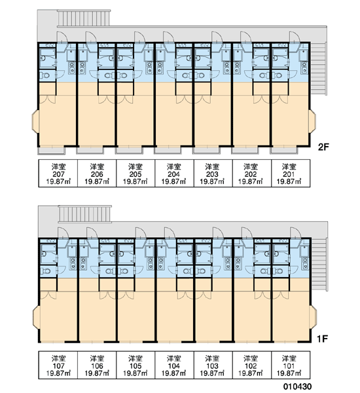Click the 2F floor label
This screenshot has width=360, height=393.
pos(323,147)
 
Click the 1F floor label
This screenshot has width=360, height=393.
pos(323,339)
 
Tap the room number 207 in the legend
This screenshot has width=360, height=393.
pos(58,174)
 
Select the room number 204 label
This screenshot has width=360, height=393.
pos(173,174)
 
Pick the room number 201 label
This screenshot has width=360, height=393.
pos(289,174)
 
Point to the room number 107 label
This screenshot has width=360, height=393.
pos(58,365)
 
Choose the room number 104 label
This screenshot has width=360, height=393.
pos(173,365)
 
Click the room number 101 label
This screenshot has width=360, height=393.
pos(289,365)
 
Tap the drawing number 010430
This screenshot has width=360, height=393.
pos(297,386)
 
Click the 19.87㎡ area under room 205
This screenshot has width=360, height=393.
pos(135,181)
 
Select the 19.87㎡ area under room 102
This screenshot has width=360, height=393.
pos(250,373)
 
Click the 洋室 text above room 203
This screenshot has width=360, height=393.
pos(212,166)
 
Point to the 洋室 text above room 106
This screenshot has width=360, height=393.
pos(97,358)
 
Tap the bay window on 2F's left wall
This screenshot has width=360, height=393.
pos(35,121)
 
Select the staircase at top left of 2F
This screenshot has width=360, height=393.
pos(84,18)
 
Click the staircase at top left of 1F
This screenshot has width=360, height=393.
pos(84,214)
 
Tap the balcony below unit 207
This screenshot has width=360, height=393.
pos(51,151)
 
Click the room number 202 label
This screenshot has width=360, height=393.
pos(250,174)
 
